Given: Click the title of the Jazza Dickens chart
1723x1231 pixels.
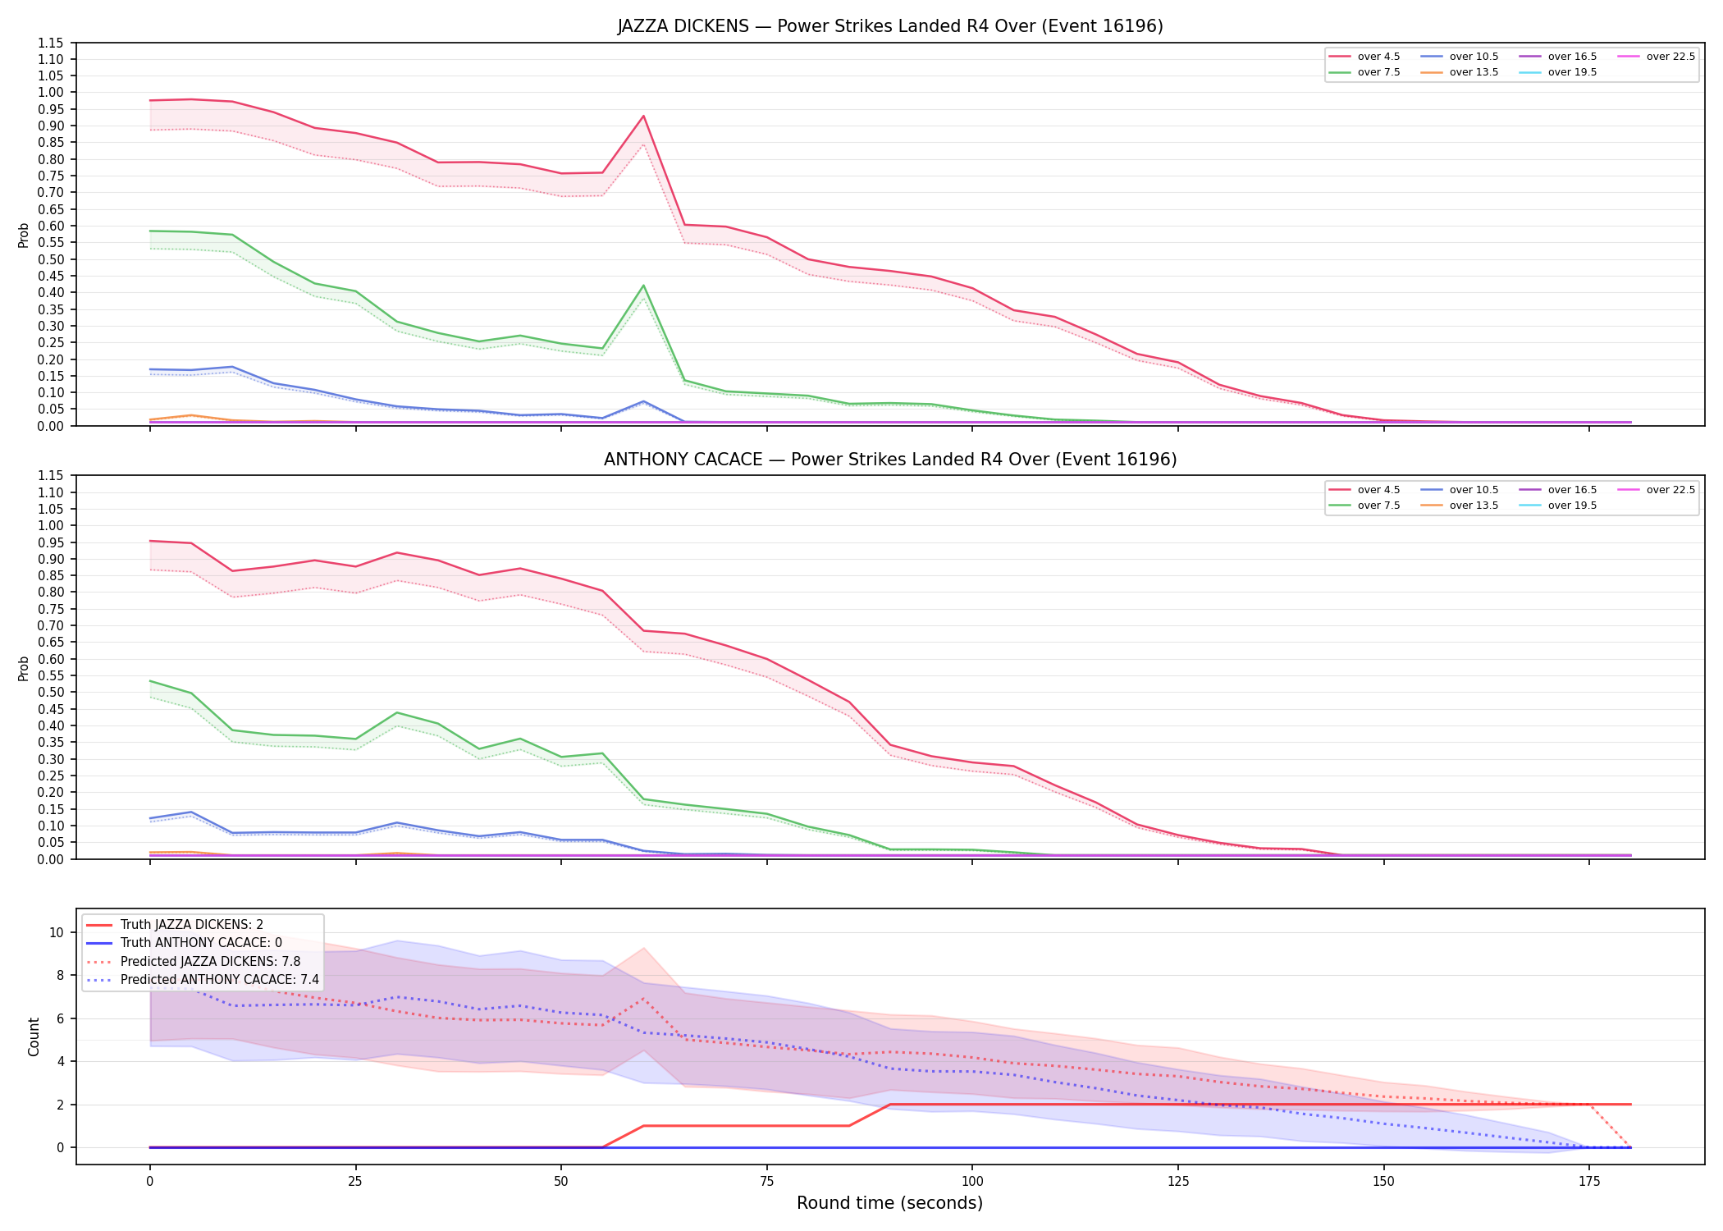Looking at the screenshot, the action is coord(890,26).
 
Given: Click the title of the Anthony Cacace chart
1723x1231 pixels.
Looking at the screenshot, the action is coord(890,460).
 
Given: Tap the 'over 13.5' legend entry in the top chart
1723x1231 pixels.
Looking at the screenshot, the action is coord(1460,72).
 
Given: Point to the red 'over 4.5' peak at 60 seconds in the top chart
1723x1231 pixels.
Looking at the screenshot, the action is coord(643,116).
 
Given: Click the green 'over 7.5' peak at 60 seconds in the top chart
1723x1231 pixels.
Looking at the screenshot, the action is coord(643,286).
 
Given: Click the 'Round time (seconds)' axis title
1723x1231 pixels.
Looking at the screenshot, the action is coord(890,1203).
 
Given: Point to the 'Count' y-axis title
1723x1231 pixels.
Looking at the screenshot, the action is coord(34,1037).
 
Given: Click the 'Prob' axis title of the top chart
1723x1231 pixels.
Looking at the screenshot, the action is coord(24,235).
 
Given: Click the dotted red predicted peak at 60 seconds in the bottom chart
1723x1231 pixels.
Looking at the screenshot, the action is coord(643,999).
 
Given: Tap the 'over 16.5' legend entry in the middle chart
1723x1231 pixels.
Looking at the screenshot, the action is coord(1558,490).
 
